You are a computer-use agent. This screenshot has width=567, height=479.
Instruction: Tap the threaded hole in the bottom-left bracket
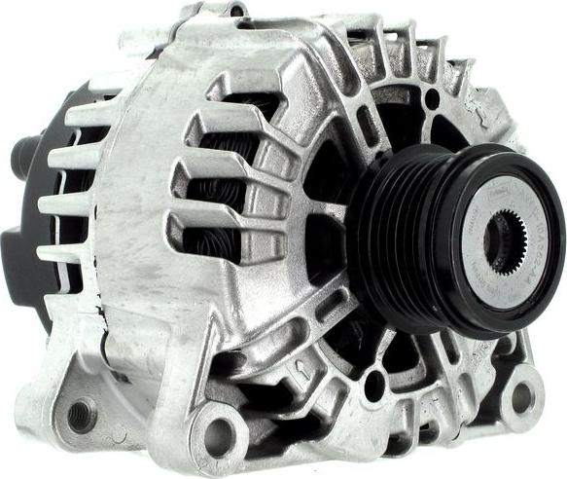tap(79, 414)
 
